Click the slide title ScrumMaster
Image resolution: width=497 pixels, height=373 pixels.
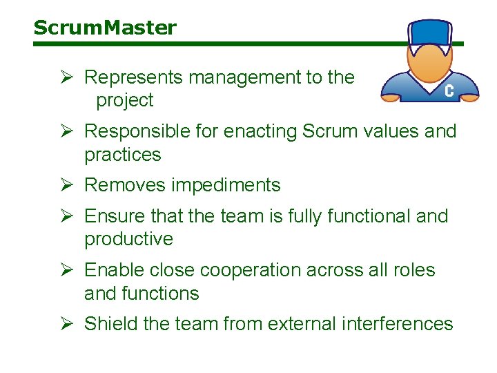(x=105, y=28)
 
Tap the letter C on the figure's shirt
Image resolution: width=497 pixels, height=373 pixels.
(x=449, y=91)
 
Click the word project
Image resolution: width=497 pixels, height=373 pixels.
(x=124, y=101)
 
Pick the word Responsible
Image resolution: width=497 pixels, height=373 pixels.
(x=139, y=131)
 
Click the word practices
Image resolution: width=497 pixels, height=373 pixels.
(x=122, y=155)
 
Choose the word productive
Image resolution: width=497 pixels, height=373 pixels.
(x=128, y=240)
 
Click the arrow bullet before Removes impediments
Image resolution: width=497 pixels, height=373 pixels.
(x=66, y=185)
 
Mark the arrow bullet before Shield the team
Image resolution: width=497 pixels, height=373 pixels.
(x=66, y=323)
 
